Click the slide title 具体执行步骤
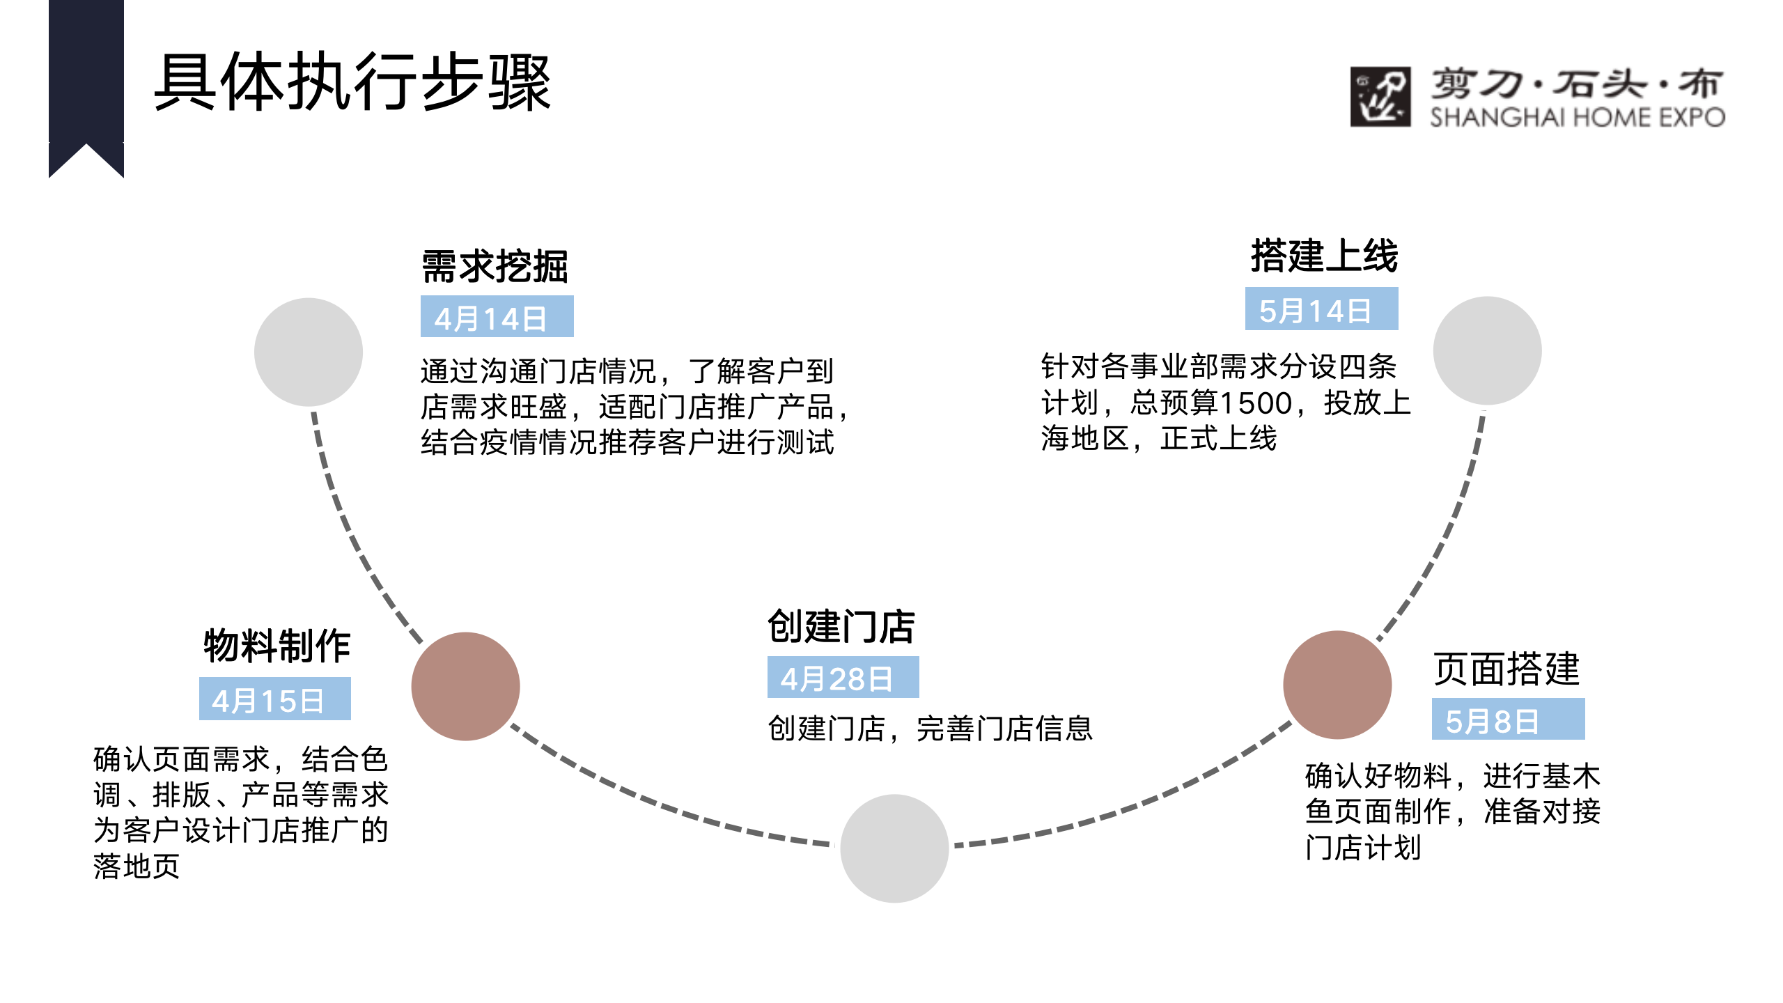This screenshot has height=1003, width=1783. click(x=352, y=82)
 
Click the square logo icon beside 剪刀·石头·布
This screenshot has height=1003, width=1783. click(x=1380, y=97)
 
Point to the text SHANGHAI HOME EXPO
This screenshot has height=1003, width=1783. click(x=1578, y=117)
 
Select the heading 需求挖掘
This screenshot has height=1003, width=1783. click(x=495, y=267)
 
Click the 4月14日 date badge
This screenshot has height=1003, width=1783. click(x=497, y=316)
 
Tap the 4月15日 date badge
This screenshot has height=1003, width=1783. click(x=275, y=699)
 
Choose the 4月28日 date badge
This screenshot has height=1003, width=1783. click(x=843, y=677)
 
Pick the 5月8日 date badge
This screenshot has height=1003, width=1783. click(x=1509, y=719)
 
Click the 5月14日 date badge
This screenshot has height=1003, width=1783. click(x=1322, y=309)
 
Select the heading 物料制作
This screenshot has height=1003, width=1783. click(x=277, y=646)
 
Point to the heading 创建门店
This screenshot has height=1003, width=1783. click(x=841, y=626)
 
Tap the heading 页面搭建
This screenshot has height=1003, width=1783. click(x=1506, y=669)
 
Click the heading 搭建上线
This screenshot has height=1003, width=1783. click(x=1325, y=256)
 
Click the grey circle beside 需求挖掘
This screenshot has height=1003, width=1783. click(x=309, y=352)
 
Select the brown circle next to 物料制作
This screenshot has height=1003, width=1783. click(x=466, y=686)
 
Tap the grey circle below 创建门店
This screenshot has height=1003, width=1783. click(x=895, y=848)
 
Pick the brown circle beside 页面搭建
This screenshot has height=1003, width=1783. click(x=1338, y=685)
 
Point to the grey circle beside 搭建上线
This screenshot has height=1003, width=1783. click(x=1488, y=351)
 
